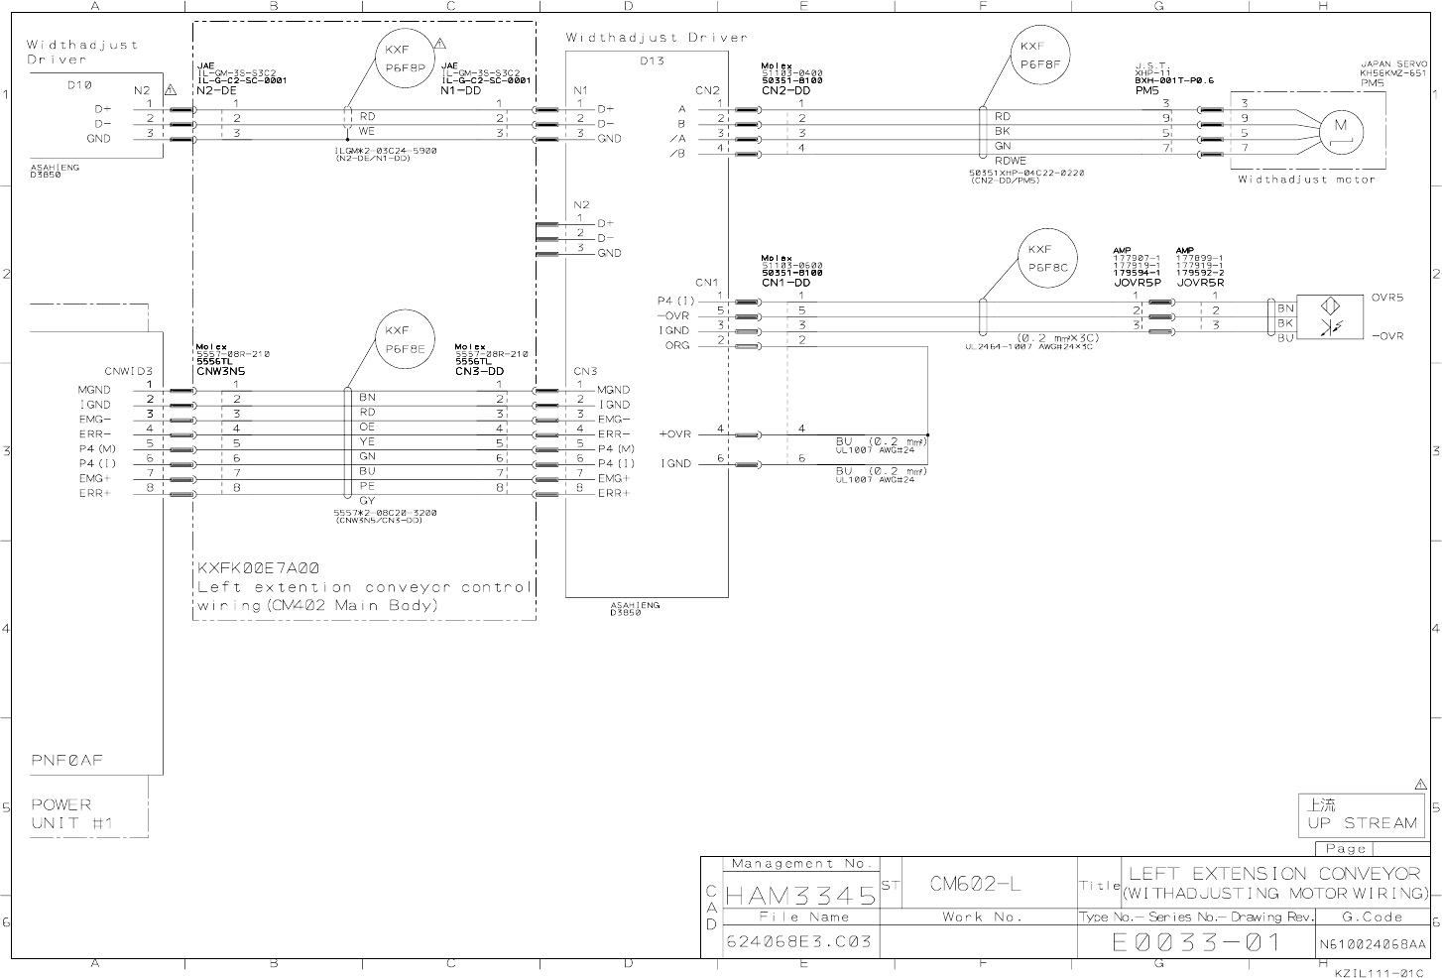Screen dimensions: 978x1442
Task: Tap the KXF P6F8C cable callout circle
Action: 1047,259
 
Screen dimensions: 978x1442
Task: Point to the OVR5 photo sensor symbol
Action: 1333,316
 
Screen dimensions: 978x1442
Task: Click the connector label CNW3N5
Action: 220,371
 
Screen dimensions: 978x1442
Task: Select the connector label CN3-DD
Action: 480,371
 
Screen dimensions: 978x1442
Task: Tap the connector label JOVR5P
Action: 1137,282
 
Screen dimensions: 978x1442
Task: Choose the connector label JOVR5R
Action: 1200,282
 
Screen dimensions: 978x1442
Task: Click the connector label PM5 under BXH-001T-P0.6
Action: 1147,90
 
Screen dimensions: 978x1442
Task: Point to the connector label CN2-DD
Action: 786,90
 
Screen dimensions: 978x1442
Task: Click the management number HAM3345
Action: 801,896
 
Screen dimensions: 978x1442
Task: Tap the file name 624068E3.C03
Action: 799,941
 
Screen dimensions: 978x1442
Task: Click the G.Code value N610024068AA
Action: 1373,943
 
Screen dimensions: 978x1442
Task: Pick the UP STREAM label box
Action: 1361,815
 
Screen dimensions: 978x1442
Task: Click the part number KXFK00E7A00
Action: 259,568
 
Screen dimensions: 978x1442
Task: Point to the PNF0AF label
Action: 67,761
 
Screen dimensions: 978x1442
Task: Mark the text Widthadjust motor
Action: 1306,180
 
